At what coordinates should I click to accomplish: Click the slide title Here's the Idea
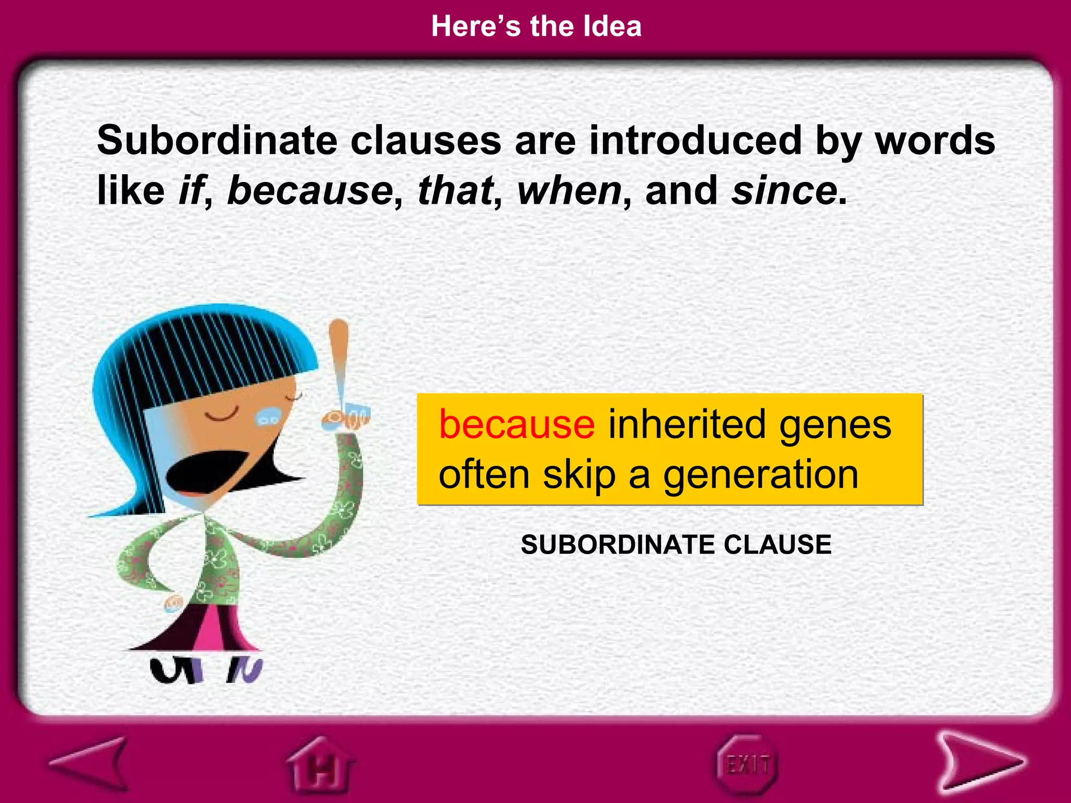point(536,26)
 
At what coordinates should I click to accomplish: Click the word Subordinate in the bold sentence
point(218,141)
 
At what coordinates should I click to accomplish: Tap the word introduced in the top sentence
point(696,141)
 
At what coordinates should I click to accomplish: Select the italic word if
point(190,190)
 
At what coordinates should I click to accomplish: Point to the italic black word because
point(310,190)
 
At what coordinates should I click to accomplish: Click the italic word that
point(455,190)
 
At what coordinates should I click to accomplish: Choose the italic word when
point(569,190)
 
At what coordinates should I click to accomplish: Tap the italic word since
point(784,190)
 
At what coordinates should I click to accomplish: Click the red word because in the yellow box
point(517,424)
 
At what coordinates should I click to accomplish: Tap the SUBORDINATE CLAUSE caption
point(676,545)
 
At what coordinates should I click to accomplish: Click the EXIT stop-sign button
point(747,765)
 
